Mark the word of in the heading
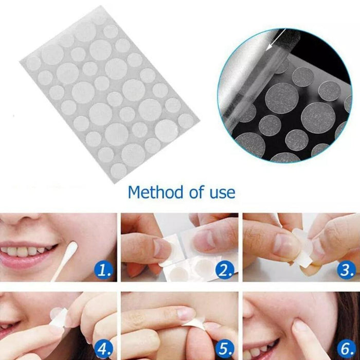coord(193,193)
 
